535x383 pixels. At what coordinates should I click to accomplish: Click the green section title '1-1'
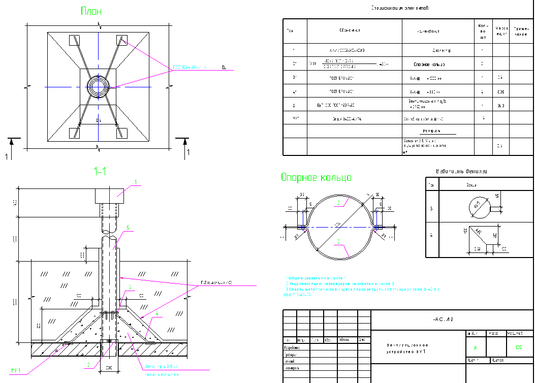tap(100, 171)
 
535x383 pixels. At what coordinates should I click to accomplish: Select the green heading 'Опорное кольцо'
tap(316, 177)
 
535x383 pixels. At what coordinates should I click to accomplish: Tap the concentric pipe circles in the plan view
tap(98, 86)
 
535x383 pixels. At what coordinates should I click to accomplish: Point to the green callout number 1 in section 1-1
tap(136, 182)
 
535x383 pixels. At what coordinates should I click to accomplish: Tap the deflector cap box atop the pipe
tap(109, 196)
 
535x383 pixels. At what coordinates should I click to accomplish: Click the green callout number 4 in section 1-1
tap(157, 314)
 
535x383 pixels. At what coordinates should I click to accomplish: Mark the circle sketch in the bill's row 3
tap(478, 207)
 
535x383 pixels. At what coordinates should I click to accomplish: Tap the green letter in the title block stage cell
tap(475, 348)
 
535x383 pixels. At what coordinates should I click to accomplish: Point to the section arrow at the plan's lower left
tap(11, 142)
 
